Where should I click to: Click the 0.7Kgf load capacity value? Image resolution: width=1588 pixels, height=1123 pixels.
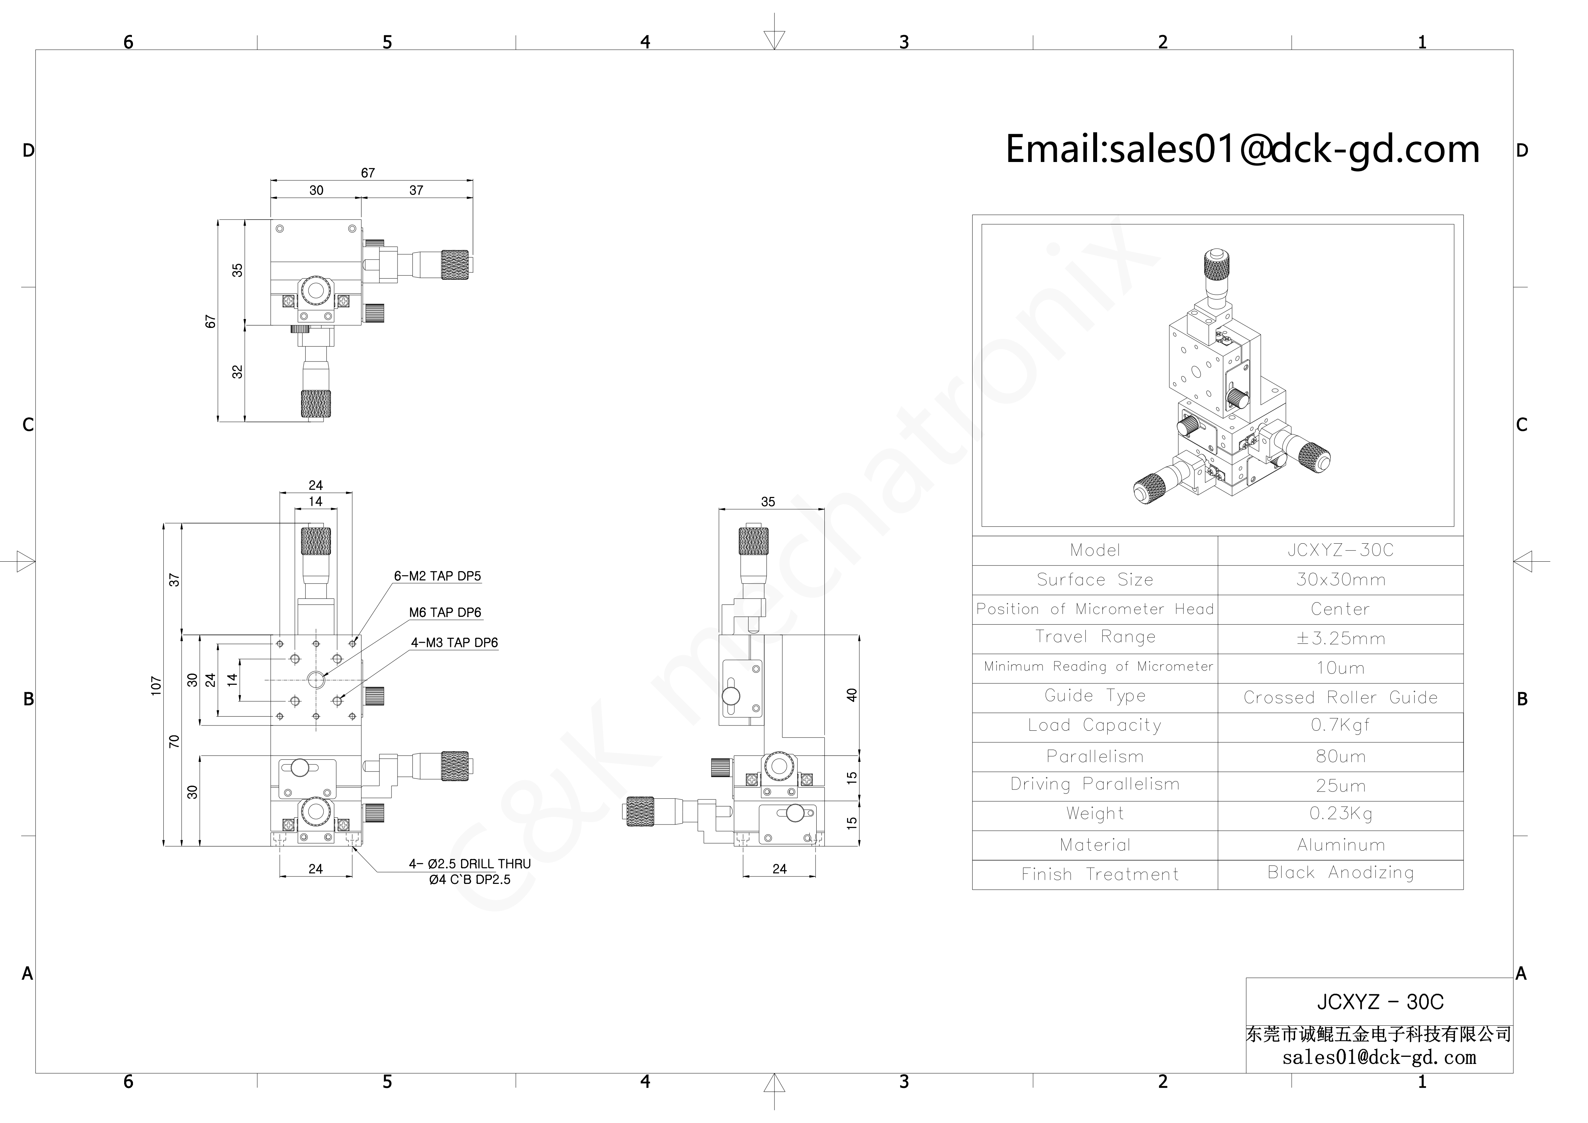click(1340, 725)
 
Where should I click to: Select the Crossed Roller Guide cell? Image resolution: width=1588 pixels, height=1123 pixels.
click(1340, 697)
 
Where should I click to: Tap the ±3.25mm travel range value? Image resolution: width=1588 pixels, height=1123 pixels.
click(1340, 638)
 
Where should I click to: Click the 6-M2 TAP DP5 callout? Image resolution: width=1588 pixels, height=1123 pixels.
click(437, 576)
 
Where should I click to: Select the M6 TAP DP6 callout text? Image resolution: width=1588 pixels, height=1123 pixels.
click(445, 613)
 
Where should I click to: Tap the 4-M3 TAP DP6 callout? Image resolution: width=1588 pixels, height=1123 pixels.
click(454, 642)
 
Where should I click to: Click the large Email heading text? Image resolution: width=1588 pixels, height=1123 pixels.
click(1242, 149)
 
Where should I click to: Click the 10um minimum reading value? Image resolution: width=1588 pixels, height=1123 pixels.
click(1340, 668)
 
